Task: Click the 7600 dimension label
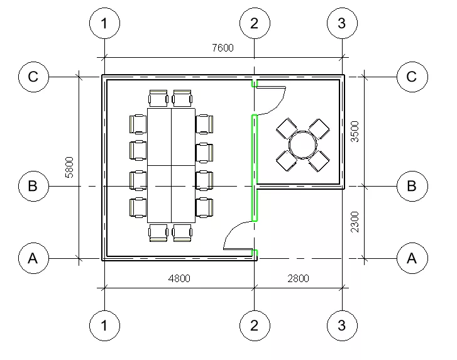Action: click(x=223, y=48)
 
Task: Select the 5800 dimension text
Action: click(x=69, y=167)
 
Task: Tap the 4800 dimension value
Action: click(x=179, y=278)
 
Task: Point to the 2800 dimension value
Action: click(x=298, y=278)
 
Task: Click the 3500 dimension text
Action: click(x=355, y=132)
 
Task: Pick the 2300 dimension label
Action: click(x=355, y=222)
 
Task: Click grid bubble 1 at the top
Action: click(x=104, y=23)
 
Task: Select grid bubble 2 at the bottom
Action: click(x=255, y=325)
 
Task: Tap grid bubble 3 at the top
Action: click(x=342, y=23)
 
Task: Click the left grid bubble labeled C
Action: click(x=33, y=77)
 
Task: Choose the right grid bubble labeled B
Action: click(x=412, y=186)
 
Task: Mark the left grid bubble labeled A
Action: click(x=33, y=258)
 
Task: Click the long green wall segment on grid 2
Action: click(x=255, y=168)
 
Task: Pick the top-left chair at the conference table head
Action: click(x=158, y=99)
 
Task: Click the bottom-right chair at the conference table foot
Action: click(x=182, y=232)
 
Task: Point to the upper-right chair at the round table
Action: click(x=319, y=129)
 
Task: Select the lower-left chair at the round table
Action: click(x=287, y=161)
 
